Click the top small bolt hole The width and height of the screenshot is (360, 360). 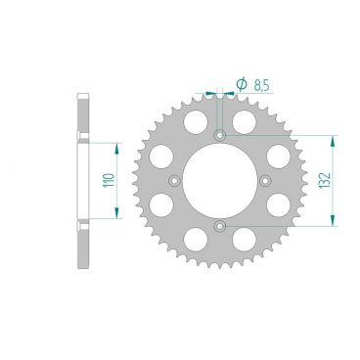220,134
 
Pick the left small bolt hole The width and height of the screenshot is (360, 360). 174,181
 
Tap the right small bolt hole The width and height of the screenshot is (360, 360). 266,181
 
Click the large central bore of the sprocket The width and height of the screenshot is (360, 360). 220,181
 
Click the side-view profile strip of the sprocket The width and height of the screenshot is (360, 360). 83,181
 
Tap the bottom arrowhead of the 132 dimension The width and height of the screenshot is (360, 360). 335,223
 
